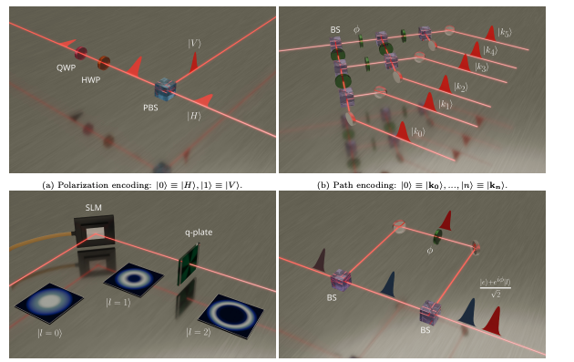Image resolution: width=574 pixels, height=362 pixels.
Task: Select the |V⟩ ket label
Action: coord(195,44)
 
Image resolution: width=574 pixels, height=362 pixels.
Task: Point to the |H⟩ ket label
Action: coord(195,115)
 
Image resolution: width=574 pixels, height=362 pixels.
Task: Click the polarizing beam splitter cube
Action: coord(165,88)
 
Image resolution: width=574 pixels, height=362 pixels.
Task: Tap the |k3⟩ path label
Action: coord(482,68)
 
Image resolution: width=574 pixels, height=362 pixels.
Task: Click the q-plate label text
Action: coord(196,232)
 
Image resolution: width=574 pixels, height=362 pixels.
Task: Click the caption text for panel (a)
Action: coord(143,185)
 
